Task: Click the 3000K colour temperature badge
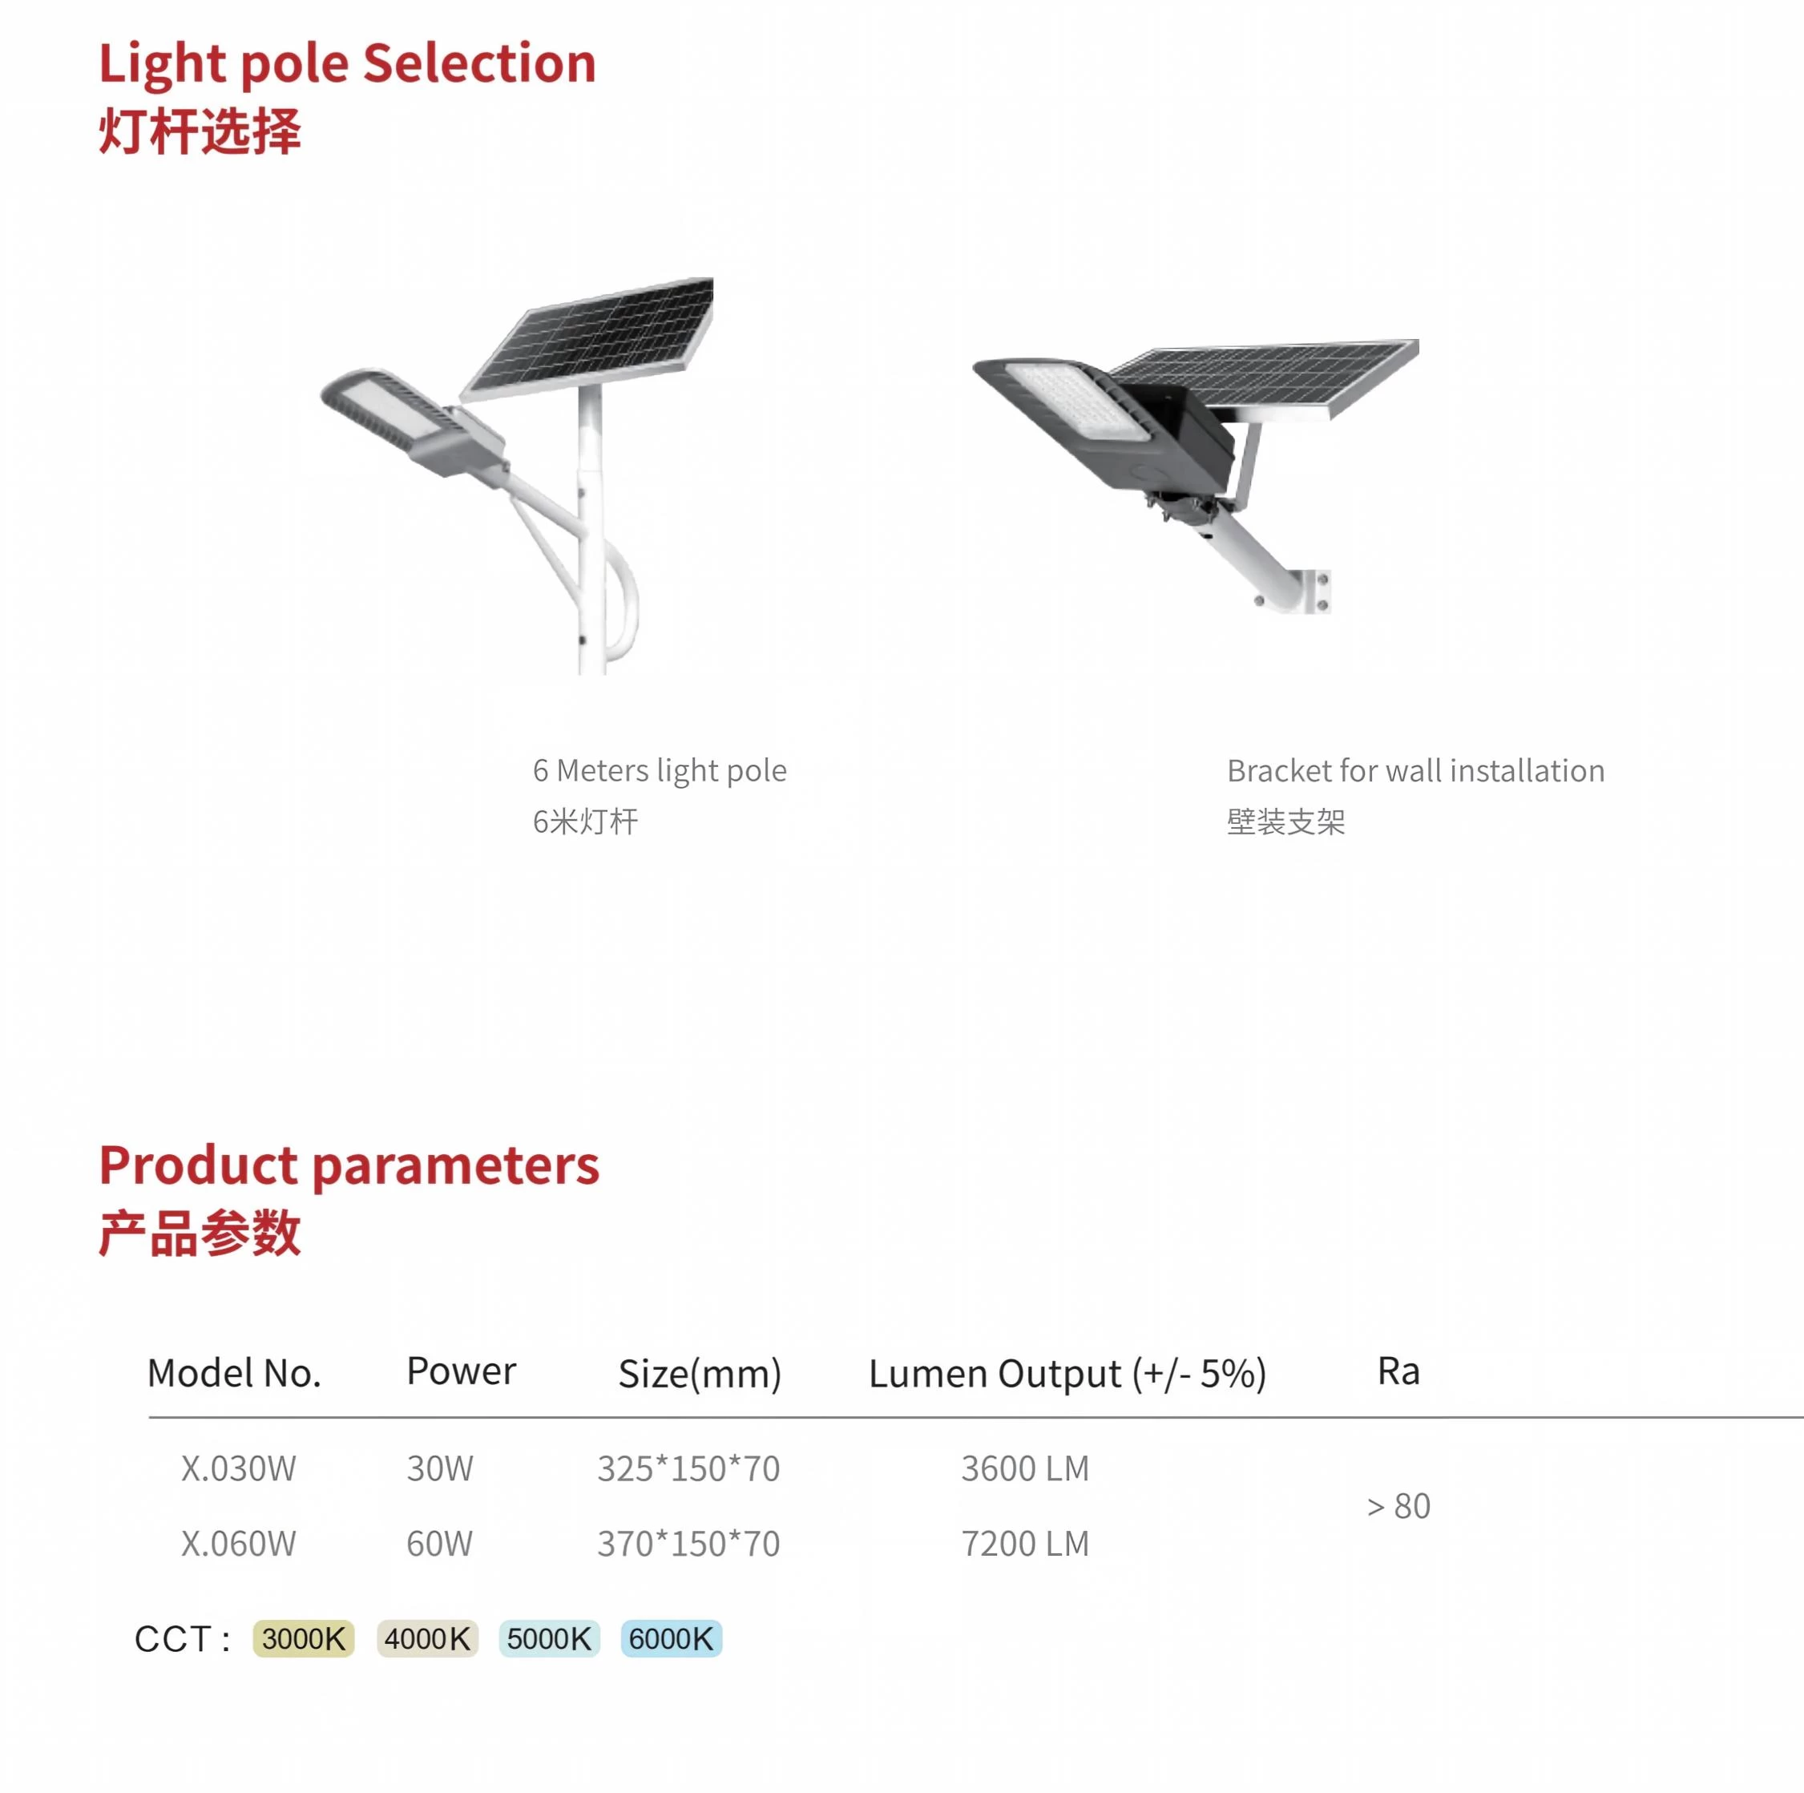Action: pyautogui.click(x=304, y=1639)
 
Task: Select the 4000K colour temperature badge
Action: pyautogui.click(x=428, y=1639)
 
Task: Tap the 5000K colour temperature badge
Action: pyautogui.click(x=549, y=1639)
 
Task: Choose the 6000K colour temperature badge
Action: pyautogui.click(x=672, y=1639)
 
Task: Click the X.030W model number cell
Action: pyautogui.click(x=238, y=1469)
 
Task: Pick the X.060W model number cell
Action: pyautogui.click(x=238, y=1544)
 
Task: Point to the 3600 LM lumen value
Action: pyautogui.click(x=1025, y=1469)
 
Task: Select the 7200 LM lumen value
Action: pyautogui.click(x=1025, y=1544)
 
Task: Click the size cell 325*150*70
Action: pyautogui.click(x=688, y=1469)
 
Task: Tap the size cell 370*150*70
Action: pyautogui.click(x=688, y=1544)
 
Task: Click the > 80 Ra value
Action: pyautogui.click(x=1398, y=1506)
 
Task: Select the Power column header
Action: pyautogui.click(x=462, y=1371)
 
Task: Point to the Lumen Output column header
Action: pyautogui.click(x=1067, y=1374)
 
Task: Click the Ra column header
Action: pyautogui.click(x=1398, y=1371)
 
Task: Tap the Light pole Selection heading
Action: pyautogui.click(x=347, y=64)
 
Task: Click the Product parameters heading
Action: pyautogui.click(x=349, y=1165)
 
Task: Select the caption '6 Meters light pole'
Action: pyautogui.click(x=660, y=771)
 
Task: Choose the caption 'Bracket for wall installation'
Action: pyautogui.click(x=1415, y=771)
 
